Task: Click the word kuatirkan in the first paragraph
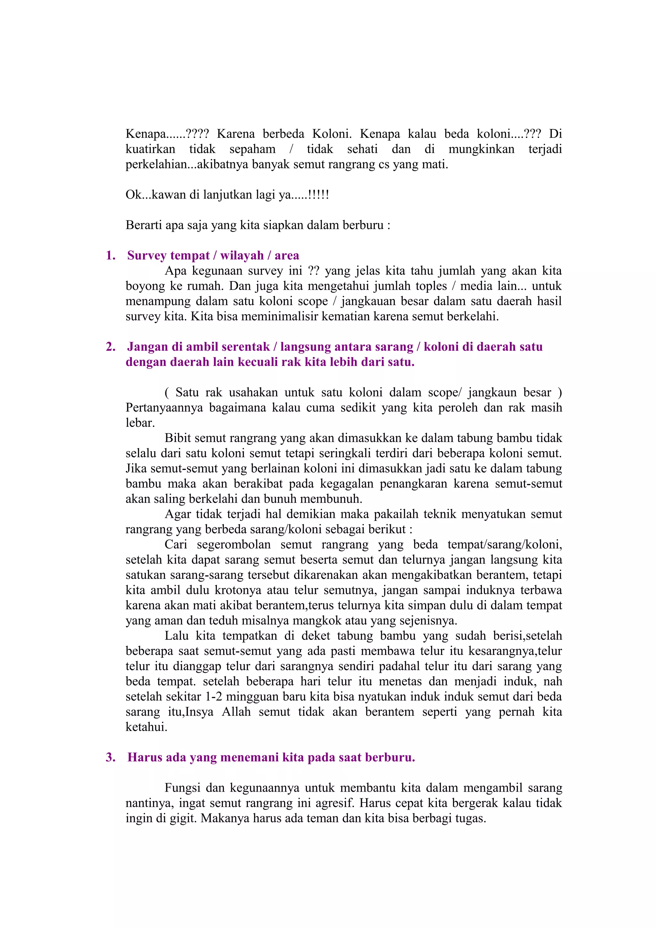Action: (x=150, y=149)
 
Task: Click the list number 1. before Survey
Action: (x=110, y=256)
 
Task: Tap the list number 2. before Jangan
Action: (x=110, y=347)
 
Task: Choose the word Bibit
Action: (x=177, y=438)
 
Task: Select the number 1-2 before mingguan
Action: (x=214, y=696)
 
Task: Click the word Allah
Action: (x=236, y=712)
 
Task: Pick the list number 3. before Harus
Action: (x=110, y=757)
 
